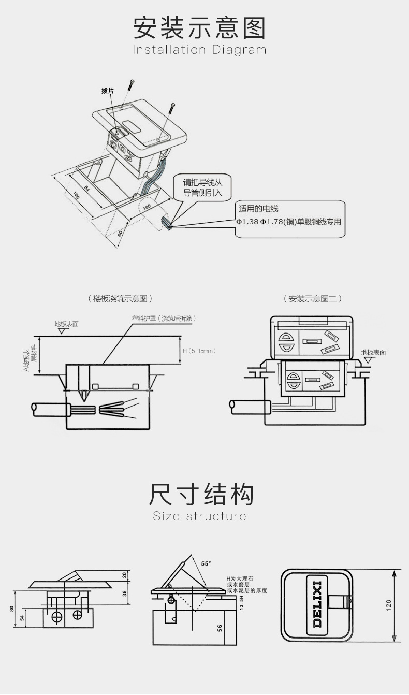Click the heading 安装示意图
199,28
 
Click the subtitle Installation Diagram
199,50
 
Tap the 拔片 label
108,91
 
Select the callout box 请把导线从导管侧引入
202,187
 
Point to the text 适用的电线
258,209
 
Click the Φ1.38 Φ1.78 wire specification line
289,222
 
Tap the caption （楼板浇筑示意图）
120,299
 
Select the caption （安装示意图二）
313,299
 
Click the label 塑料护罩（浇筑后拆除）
164,318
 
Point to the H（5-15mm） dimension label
199,351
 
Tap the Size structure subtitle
199,516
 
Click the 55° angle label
206,563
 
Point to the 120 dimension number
389,605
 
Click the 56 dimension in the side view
220,628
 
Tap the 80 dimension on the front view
11,609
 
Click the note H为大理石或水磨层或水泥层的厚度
246,584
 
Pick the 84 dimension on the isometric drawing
86,187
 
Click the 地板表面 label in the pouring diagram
66,324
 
